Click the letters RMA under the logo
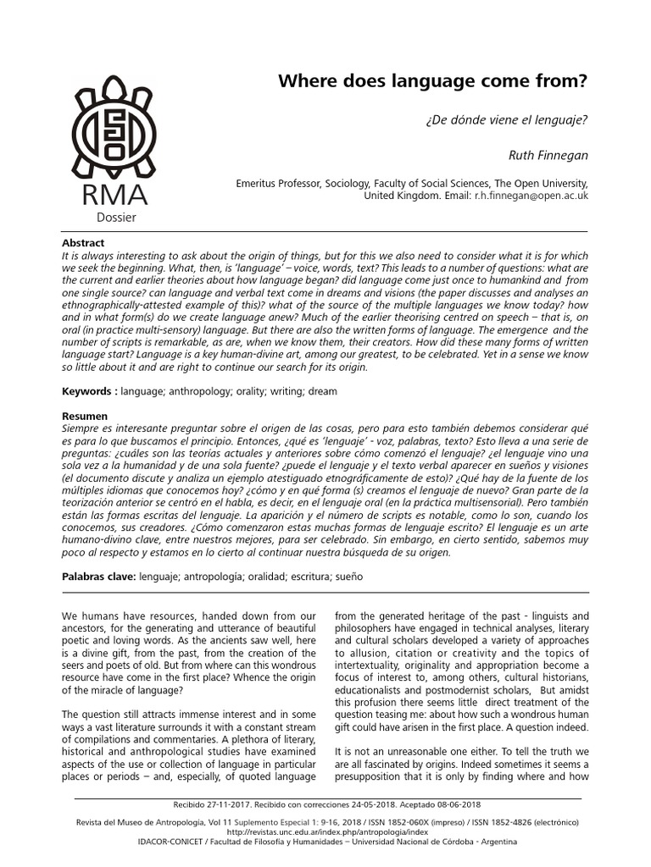(x=114, y=195)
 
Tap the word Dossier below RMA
(x=115, y=218)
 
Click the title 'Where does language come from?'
(x=433, y=82)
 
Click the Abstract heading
(x=84, y=243)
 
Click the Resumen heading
(x=86, y=417)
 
